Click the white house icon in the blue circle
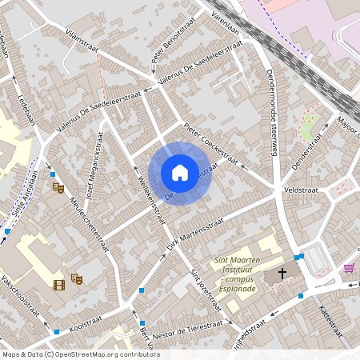pos(180,173)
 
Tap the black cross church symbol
pos(282,274)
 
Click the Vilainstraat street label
pos(89,39)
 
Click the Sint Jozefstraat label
pos(206,290)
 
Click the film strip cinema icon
pos(59,284)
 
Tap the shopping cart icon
pos(349,268)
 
